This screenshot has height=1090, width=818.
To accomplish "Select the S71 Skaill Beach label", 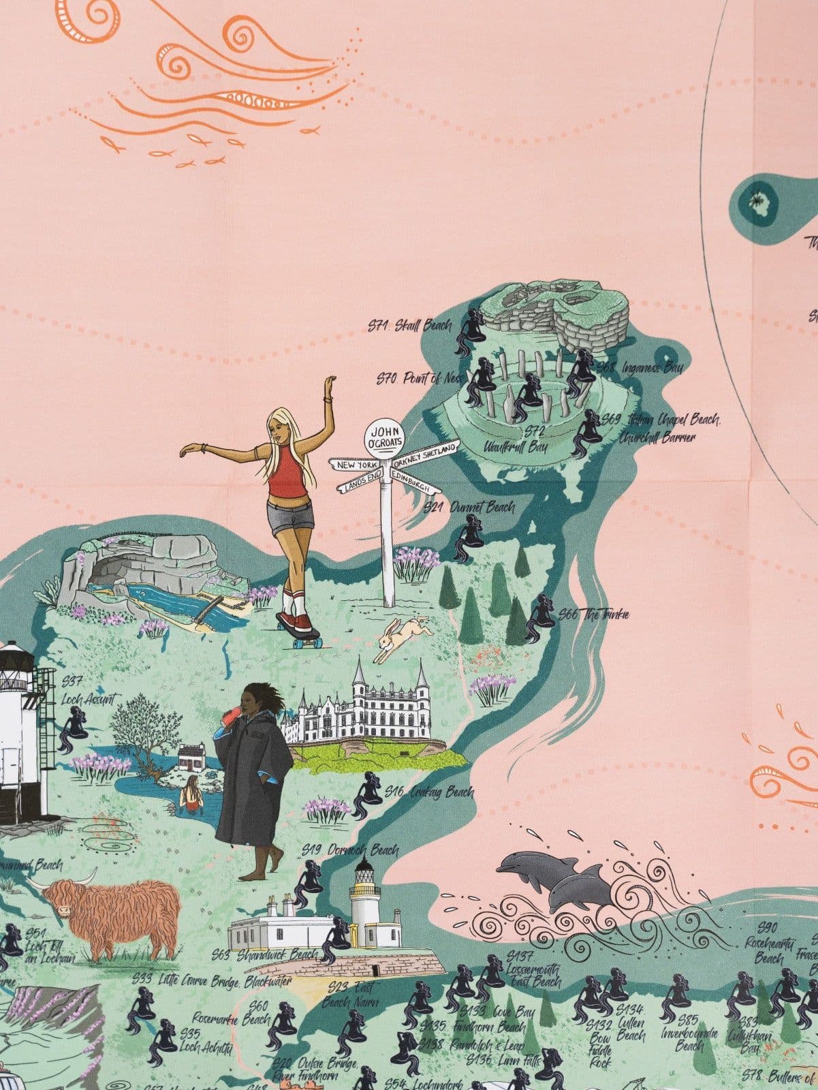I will click(409, 326).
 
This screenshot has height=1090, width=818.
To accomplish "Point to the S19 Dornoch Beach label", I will click(350, 850).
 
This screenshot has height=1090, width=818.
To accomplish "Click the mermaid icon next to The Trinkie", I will click(542, 617).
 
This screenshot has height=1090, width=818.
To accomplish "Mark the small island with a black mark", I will click(756, 200).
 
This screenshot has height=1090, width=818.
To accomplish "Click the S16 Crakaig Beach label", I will click(428, 792).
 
